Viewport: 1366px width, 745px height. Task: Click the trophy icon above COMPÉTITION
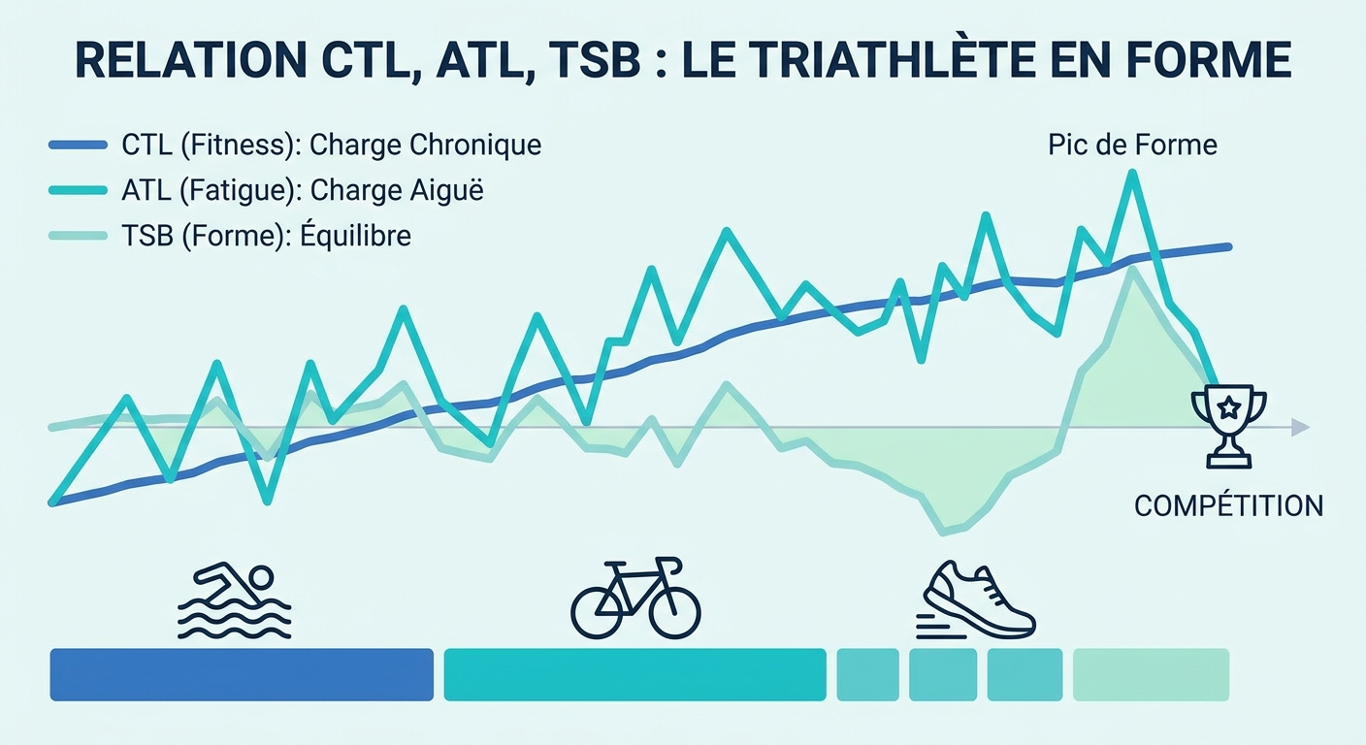1228,425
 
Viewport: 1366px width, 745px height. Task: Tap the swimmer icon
235,602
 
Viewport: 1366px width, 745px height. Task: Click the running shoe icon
976,601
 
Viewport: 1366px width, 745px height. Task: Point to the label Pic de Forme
1132,146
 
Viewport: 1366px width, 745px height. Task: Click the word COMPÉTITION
1228,505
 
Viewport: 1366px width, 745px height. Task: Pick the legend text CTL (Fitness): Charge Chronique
331,146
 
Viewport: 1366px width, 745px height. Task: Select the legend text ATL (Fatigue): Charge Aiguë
302,191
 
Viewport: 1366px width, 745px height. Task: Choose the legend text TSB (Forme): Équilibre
266,236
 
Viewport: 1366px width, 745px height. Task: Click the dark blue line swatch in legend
78,146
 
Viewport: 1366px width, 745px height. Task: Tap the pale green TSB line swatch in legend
78,236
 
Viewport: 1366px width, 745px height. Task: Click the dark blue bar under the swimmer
241,674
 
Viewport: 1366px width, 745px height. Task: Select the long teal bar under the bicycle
634,674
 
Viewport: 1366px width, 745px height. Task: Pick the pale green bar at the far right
1151,674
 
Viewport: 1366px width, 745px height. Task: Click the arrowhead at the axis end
1301,428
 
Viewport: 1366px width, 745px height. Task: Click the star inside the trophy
1228,408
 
